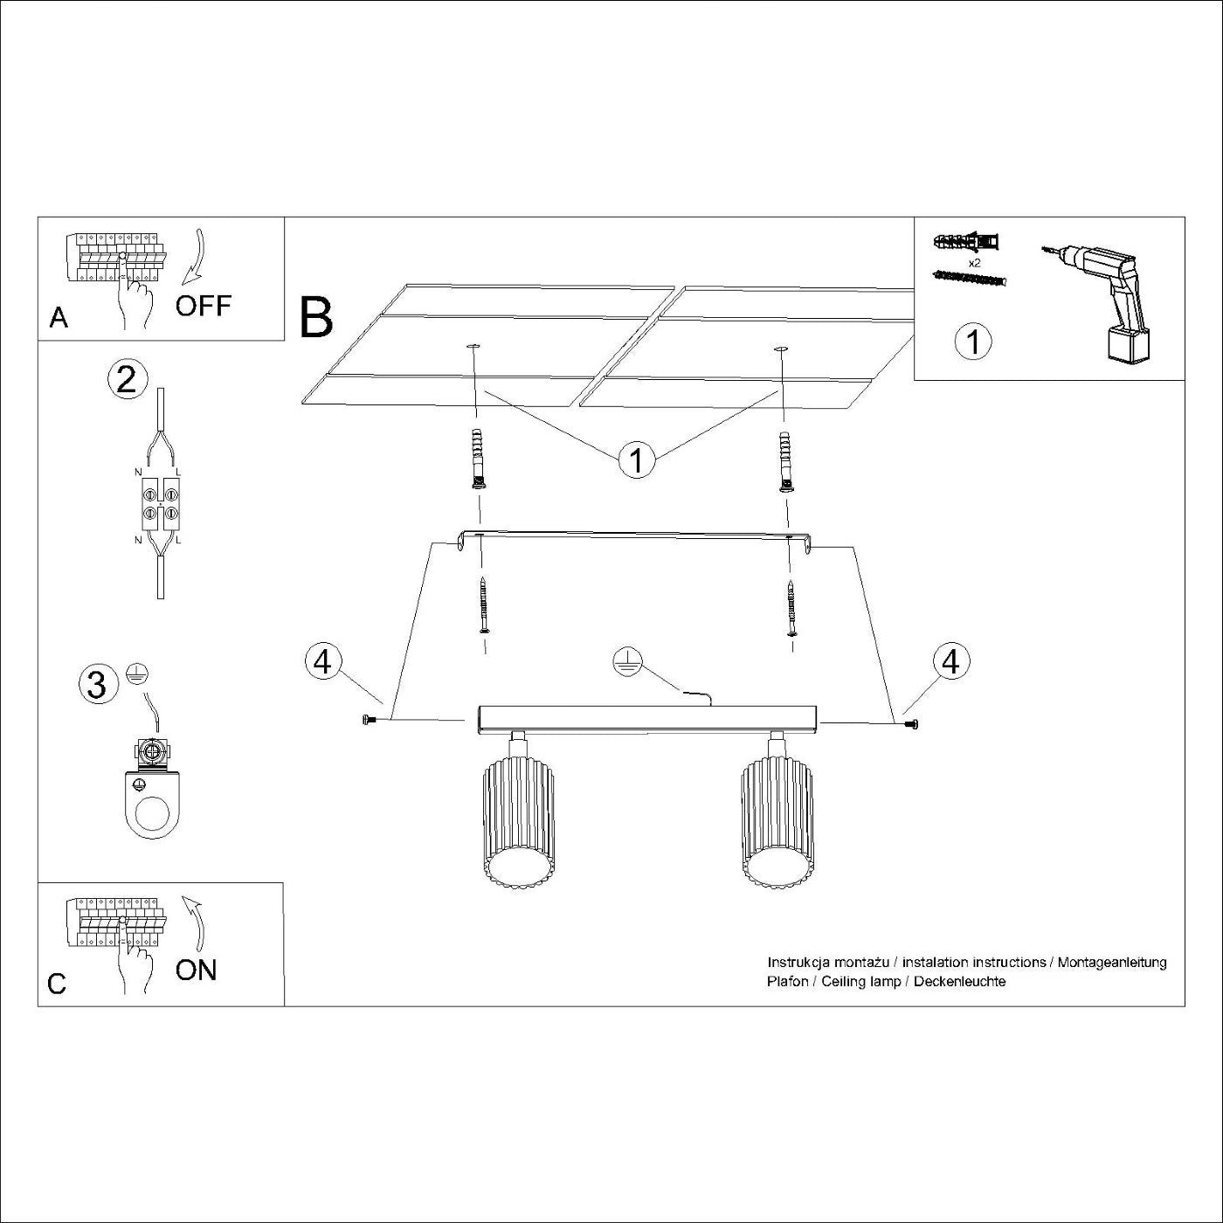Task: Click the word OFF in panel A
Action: click(x=203, y=306)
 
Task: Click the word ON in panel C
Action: click(x=196, y=970)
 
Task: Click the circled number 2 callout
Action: click(x=127, y=380)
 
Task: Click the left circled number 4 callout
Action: click(x=322, y=661)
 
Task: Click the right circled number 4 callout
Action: click(x=950, y=661)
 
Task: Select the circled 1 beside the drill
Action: click(x=973, y=341)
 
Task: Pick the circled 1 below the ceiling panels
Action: click(x=637, y=459)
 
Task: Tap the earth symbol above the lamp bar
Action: click(x=626, y=662)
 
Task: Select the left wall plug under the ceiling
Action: click(x=476, y=459)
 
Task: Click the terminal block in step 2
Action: click(x=160, y=505)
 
